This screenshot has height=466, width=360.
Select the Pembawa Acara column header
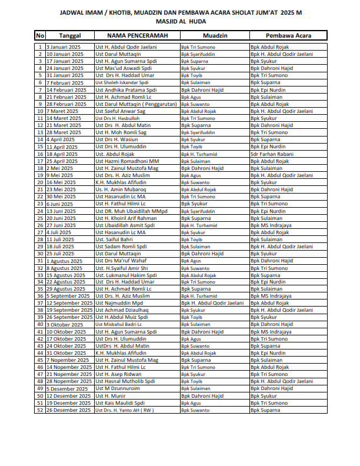pos(288,36)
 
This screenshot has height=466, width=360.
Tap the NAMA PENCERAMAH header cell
pos(136,36)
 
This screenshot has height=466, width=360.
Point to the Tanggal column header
pos(69,36)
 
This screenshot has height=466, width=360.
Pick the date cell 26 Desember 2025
pos(68,410)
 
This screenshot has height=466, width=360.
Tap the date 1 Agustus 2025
pos(65,261)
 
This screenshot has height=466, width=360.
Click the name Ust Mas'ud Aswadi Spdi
pos(123,68)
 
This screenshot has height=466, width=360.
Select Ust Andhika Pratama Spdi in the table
pos(126,89)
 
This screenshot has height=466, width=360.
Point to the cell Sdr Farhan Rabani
pos(271,154)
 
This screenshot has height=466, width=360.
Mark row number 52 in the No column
pos(40,410)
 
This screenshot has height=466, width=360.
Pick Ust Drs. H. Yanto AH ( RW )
pos(125,410)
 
